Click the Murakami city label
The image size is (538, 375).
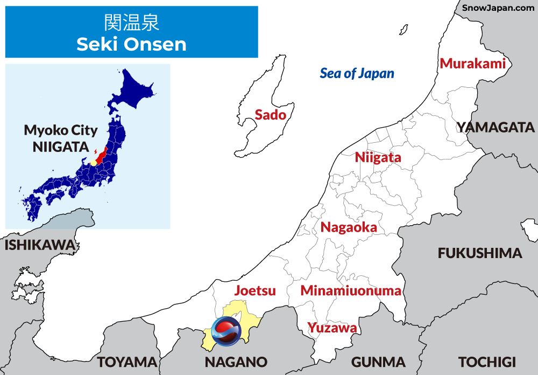point(473,64)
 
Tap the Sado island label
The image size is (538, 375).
point(270,114)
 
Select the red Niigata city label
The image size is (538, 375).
point(378,157)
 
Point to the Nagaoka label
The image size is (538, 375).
point(349,227)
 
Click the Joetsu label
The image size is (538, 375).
point(255,290)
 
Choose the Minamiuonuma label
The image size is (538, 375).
point(351,291)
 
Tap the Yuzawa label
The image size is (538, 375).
point(332,327)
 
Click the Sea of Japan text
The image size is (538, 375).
point(357,73)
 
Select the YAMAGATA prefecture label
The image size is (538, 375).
point(495,128)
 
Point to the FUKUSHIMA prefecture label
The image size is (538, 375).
point(480,253)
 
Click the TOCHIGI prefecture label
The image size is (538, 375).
point(487,362)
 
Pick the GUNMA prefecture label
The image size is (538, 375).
point(378,362)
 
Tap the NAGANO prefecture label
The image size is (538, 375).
point(236,362)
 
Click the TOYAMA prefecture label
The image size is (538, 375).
point(128,362)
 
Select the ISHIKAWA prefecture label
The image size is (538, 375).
point(40,245)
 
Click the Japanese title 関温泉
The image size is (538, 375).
point(131,22)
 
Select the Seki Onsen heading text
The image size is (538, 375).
point(131,44)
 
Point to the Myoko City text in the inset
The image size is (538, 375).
point(61,130)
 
